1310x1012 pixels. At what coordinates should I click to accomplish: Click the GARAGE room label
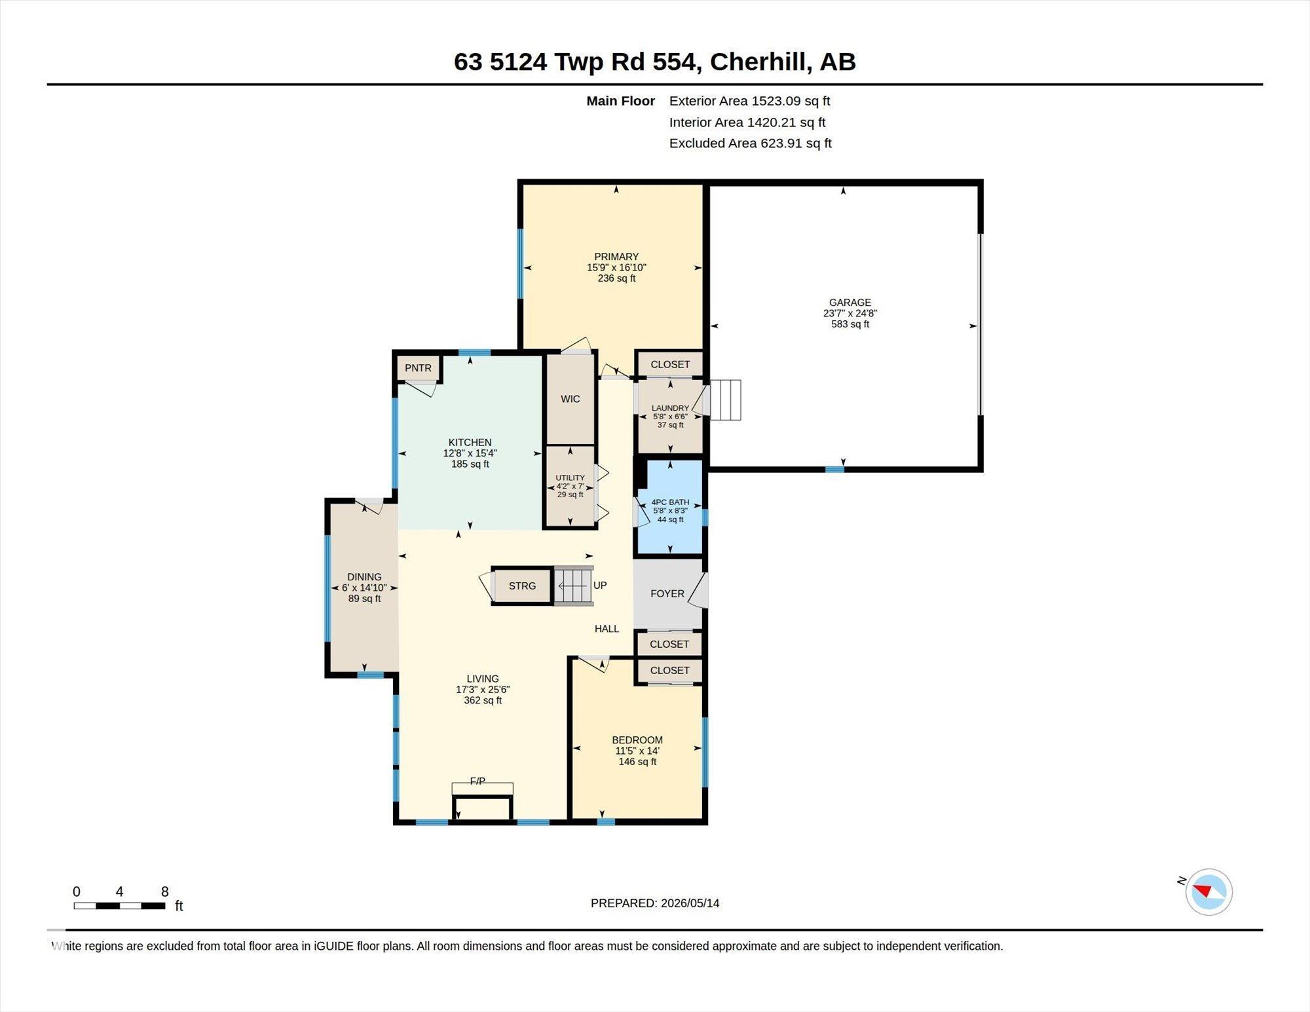(850, 303)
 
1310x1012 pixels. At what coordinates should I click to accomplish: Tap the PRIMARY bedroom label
(616, 257)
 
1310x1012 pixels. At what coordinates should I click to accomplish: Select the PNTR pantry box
(418, 368)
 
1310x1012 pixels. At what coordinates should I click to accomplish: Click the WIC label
(571, 399)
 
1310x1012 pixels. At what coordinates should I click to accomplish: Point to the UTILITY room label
(570, 478)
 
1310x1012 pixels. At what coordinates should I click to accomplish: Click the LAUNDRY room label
(670, 408)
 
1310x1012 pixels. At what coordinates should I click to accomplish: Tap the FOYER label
(667, 593)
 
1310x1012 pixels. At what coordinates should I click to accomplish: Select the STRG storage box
(522, 586)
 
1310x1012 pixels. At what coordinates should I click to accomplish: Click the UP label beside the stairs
(600, 585)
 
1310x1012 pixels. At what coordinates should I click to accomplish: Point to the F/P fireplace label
(477, 781)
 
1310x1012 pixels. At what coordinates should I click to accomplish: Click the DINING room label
(364, 577)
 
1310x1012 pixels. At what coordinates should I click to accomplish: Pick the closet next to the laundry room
(670, 364)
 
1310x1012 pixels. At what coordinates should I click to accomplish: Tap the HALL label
(607, 629)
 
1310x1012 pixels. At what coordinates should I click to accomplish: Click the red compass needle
(1203, 891)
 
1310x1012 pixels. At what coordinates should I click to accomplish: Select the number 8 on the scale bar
(165, 891)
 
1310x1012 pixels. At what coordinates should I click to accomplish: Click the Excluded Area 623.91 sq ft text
(750, 143)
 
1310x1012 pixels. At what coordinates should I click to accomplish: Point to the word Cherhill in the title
(761, 62)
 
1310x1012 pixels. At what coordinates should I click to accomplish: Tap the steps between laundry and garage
(726, 400)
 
